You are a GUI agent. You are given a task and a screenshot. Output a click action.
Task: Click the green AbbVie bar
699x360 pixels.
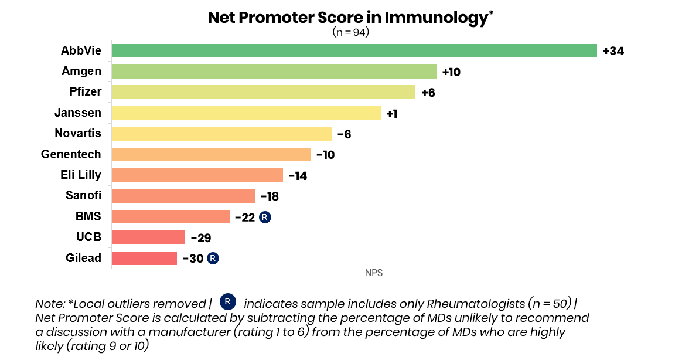[354, 51]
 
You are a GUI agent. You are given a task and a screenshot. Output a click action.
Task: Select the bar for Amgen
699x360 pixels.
[274, 72]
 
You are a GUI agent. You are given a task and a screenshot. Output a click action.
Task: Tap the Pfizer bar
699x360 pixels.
[264, 92]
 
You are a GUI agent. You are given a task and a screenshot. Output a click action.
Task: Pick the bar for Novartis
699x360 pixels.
[221, 133]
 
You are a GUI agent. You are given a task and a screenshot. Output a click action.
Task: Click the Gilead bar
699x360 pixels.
[145, 258]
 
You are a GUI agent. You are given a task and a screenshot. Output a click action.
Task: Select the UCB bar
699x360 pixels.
[148, 237]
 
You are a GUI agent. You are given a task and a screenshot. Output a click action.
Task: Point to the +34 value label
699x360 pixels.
[613, 51]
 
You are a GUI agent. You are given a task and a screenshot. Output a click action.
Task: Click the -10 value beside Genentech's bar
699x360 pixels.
[325, 155]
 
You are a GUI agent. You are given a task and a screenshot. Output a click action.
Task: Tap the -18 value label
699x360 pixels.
[270, 196]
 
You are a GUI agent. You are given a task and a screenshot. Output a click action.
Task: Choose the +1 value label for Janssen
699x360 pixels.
[392, 114]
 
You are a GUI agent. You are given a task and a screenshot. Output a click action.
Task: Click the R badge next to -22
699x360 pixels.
[265, 218]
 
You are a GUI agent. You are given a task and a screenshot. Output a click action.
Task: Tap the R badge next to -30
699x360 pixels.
[213, 259]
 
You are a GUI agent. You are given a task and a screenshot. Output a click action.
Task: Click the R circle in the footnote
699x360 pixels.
[227, 302]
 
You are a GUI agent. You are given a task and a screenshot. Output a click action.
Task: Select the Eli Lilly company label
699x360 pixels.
[81, 175]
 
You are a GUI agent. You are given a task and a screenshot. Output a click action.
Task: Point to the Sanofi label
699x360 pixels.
[83, 195]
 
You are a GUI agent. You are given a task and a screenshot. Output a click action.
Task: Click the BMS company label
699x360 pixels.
[88, 216]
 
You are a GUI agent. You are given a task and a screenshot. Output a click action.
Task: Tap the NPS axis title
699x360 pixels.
[374, 273]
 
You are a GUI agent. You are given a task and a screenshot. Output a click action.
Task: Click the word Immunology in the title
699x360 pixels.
[437, 18]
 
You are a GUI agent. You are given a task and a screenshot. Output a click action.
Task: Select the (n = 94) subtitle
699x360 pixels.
[351, 32]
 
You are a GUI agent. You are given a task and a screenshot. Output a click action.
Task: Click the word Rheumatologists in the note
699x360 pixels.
[476, 304]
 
